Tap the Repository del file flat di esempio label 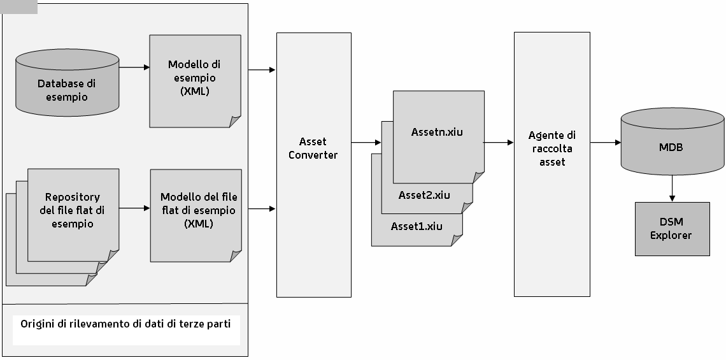(73, 210)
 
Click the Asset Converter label (313, 148)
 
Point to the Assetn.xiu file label (437, 133)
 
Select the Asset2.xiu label (424, 195)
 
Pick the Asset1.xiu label (416, 226)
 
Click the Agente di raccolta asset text (552, 148)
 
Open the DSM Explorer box (672, 229)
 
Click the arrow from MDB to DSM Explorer (672, 189)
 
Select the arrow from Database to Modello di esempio (134, 67)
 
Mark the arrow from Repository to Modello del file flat (134, 208)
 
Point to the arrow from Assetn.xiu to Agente (499, 143)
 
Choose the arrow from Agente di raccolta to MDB (605, 143)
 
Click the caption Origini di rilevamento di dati (125, 324)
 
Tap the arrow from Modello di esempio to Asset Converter (261, 69)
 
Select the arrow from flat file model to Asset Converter (261, 208)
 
